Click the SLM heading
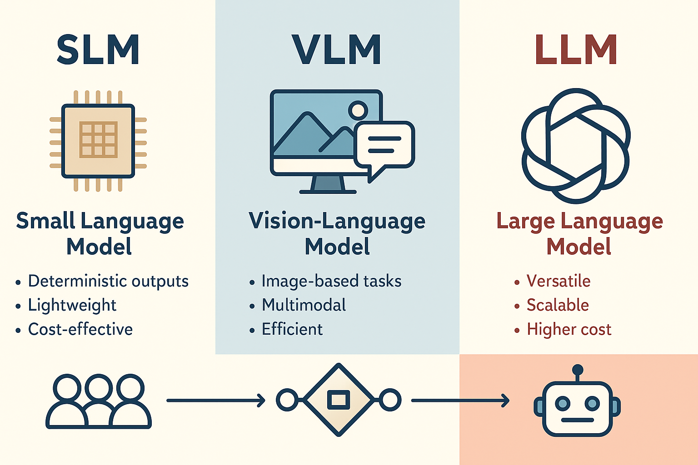click(98, 49)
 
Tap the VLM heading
click(337, 49)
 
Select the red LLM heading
click(576, 49)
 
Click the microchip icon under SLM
click(98, 141)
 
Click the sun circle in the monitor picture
click(358, 110)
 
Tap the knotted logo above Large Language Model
click(575, 145)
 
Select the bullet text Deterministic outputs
click(108, 281)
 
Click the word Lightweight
click(72, 305)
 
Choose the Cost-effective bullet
click(80, 329)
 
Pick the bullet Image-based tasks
click(331, 281)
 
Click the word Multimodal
click(304, 305)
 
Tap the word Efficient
click(292, 329)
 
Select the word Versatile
click(558, 281)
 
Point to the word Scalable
click(558, 305)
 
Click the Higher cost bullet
click(569, 329)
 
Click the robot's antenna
click(578, 371)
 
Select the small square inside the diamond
click(339, 400)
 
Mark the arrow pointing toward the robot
click(460, 401)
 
